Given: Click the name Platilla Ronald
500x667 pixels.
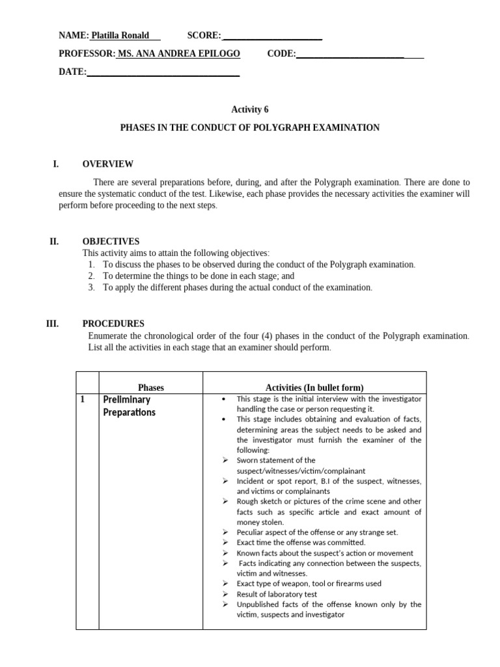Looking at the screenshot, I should (x=120, y=35).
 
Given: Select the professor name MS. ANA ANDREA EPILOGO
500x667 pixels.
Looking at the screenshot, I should (x=178, y=53).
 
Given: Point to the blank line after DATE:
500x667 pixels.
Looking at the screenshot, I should (x=163, y=72).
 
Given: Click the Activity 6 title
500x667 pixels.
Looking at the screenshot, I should (x=250, y=110).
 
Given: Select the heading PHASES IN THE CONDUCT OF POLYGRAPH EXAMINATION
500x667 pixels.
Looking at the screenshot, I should (x=250, y=128).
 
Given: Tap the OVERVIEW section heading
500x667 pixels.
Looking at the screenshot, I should (x=107, y=164).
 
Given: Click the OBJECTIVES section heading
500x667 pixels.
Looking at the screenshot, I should (x=111, y=241).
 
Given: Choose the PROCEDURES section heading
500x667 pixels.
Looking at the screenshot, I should (x=113, y=324).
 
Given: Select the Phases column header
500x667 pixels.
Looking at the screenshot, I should (x=151, y=388).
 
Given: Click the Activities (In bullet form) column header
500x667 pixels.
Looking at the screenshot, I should (x=314, y=388).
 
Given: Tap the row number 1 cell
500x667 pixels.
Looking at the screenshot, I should (x=83, y=399).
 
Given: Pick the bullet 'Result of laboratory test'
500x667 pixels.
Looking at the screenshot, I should (x=277, y=594).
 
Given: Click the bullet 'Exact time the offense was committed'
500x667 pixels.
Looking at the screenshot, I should (x=301, y=542).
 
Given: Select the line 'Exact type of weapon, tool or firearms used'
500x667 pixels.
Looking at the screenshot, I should (x=309, y=584).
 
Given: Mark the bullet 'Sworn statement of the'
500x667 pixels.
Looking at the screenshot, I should (x=275, y=460).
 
